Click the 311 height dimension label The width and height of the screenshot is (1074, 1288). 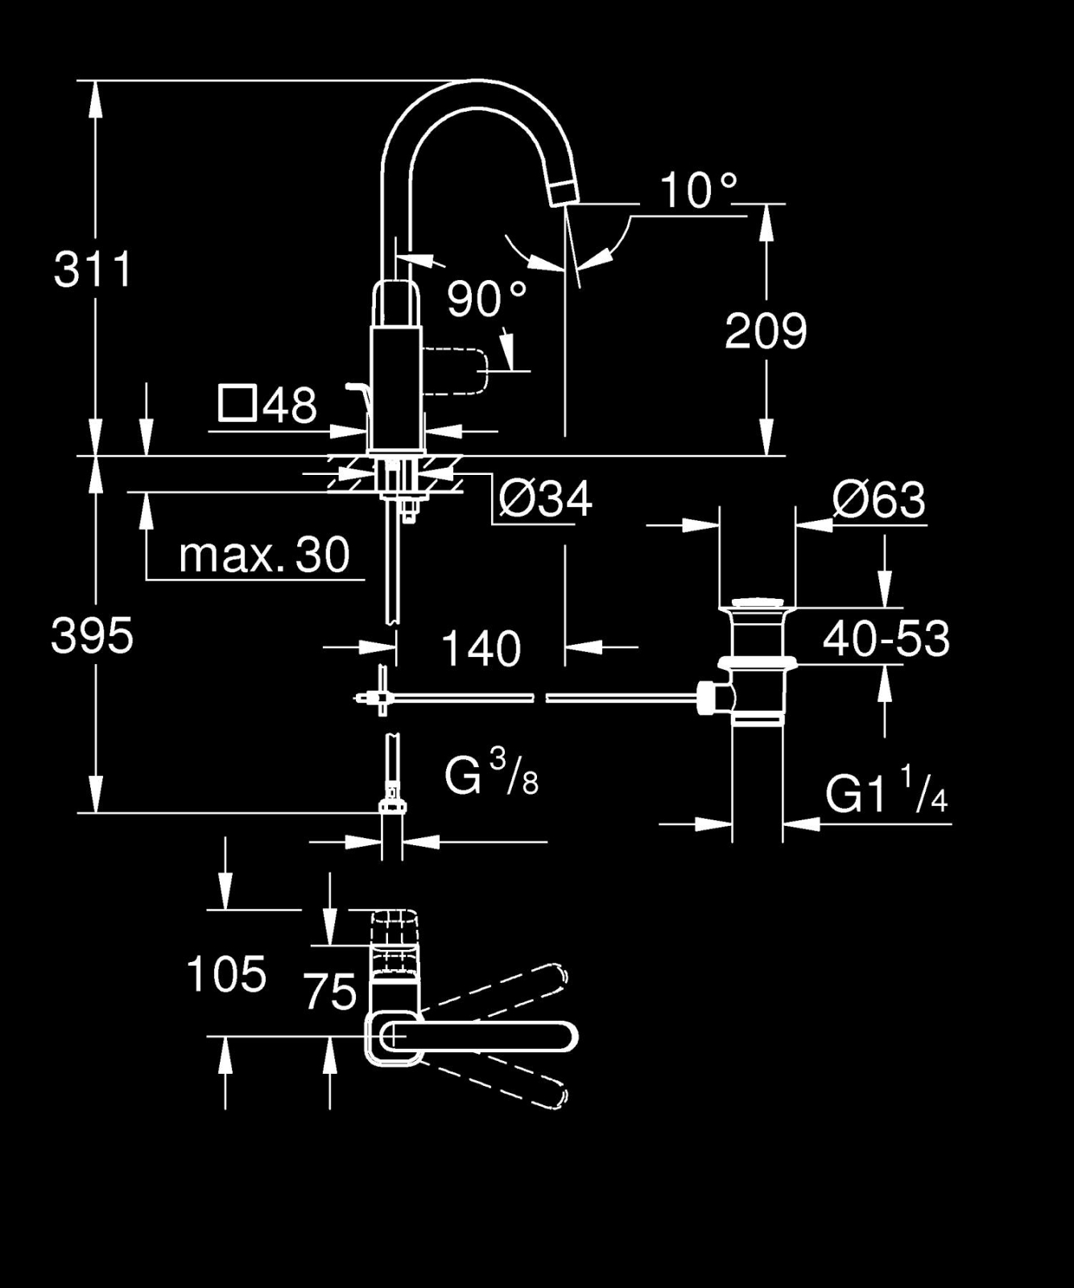pyautogui.click(x=93, y=269)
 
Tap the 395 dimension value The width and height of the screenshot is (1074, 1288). pyautogui.click(x=92, y=636)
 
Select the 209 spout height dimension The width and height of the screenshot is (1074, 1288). pyautogui.click(x=766, y=331)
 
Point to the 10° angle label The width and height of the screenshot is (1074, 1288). pyautogui.click(x=699, y=191)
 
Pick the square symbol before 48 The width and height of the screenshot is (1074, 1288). pyautogui.click(x=238, y=404)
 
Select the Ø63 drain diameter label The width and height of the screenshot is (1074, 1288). pyautogui.click(x=879, y=500)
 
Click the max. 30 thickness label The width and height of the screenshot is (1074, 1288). pyautogui.click(x=264, y=555)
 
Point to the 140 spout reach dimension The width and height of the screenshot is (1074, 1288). pyautogui.click(x=481, y=649)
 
